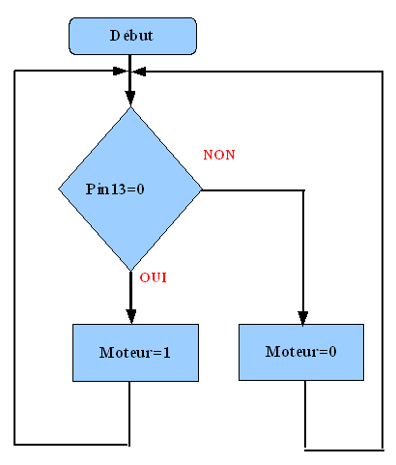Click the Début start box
pyautogui.click(x=132, y=36)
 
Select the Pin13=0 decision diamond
pyautogui.click(x=130, y=189)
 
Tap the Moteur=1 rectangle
pyautogui.click(x=135, y=353)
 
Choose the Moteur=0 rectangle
pyautogui.click(x=301, y=352)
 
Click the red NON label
pyautogui.click(x=219, y=155)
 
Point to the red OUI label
pyautogui.click(x=154, y=277)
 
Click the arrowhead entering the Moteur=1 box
pyautogui.click(x=130, y=316)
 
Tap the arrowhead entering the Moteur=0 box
pyautogui.click(x=302, y=318)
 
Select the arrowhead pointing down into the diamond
pyautogui.click(x=130, y=98)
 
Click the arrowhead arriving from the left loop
pyautogui.click(x=120, y=72)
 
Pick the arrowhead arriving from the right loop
pyautogui.click(x=139, y=72)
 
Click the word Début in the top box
pyautogui.click(x=131, y=36)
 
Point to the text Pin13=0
pyautogui.click(x=115, y=189)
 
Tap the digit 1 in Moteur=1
pyautogui.click(x=166, y=353)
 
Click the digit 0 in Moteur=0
pyautogui.click(x=333, y=351)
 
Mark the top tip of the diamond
pyautogui.click(x=130, y=106)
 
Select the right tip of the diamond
pyautogui.click(x=202, y=189)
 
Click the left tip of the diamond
pyautogui.click(x=58, y=189)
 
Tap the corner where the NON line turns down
pyautogui.click(x=303, y=190)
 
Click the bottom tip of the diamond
pyautogui.click(x=130, y=271)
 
